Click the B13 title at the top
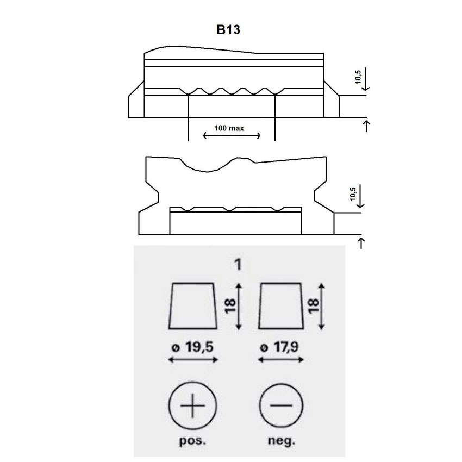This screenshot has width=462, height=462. (228, 30)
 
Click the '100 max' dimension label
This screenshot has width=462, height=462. (229, 128)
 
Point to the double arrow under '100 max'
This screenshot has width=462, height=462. (232, 135)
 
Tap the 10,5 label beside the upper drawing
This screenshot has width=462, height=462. (358, 77)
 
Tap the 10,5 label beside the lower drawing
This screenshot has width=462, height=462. (353, 194)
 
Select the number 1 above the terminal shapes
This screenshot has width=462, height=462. (238, 264)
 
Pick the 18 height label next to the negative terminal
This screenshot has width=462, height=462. (314, 306)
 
